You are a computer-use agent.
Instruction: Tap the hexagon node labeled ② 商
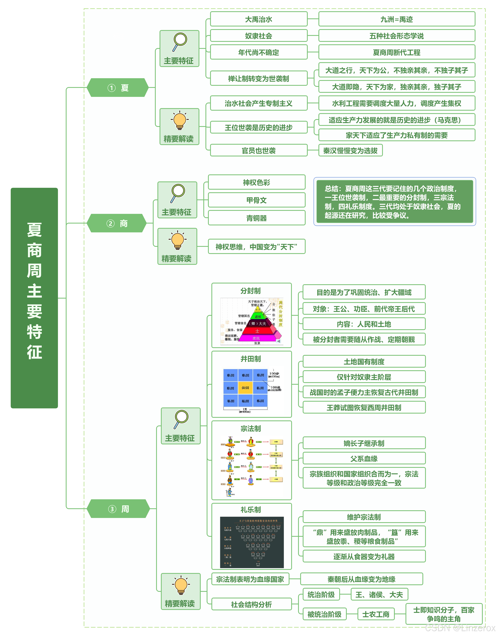[116, 223]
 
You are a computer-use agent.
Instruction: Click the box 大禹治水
[259, 19]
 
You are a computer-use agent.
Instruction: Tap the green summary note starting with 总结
[394, 202]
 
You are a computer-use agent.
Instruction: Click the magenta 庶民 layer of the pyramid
[256, 338]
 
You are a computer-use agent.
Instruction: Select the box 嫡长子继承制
[364, 443]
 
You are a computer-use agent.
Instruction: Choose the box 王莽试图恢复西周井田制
[364, 407]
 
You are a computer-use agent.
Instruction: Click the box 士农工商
[376, 614]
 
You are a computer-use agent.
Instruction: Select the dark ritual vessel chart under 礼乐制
[252, 542]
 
